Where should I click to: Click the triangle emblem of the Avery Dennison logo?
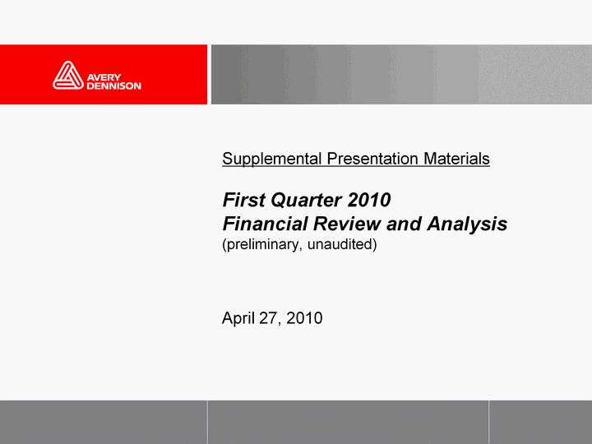tap(68, 76)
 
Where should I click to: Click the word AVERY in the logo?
tap(104, 77)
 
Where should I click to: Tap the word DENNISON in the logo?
tap(113, 86)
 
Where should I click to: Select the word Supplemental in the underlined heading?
tap(272, 159)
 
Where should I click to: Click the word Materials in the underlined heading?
tap(456, 159)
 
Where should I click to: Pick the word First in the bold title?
tap(244, 200)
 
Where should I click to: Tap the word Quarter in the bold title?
tap(307, 200)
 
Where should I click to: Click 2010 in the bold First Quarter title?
tap(369, 200)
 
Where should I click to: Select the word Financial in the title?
tap(265, 224)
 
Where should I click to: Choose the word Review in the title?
tap(347, 224)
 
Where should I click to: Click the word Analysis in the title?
tap(467, 224)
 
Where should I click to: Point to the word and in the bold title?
tap(404, 224)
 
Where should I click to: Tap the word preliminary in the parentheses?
tap(262, 245)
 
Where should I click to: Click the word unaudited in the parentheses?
tap(340, 244)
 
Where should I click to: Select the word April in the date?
tap(238, 318)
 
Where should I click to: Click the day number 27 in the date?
tap(268, 318)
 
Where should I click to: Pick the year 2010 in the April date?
tap(304, 318)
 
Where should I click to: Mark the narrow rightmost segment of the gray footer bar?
tap(540, 422)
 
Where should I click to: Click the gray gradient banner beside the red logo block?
tap(401, 74)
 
